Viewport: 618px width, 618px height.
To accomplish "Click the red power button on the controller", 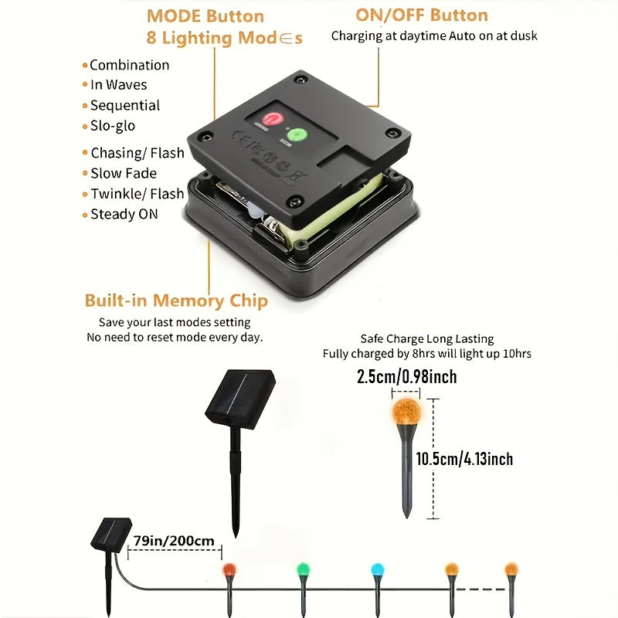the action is coord(272,119).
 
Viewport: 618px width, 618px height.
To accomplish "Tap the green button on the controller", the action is coord(297,135).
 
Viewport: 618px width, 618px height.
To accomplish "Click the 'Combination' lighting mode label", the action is coord(129,65).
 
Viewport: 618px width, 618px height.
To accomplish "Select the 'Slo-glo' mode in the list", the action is coord(113,126).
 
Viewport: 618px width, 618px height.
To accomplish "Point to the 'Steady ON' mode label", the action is coord(124,214).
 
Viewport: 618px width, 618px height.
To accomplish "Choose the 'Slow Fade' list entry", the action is coord(124,173).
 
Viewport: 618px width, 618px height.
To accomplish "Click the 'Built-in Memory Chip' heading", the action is coord(176,301).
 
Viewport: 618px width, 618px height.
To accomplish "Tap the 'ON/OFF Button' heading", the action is coord(422,15).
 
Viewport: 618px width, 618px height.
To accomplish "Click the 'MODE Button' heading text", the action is coord(205,16).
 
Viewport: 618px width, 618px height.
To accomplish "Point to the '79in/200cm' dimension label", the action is coord(174,540).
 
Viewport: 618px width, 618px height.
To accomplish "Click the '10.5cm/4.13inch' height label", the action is coord(464,459).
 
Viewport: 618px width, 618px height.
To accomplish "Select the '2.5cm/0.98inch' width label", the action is coord(407,376).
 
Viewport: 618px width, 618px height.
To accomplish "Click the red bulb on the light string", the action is coord(229,569).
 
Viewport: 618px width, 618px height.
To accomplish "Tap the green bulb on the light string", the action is coord(303,569).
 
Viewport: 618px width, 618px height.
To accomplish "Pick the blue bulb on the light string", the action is coord(378,569).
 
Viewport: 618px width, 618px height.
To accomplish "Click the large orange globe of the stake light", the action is coord(406,413).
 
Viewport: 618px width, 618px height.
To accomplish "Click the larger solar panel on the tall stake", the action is coord(240,399).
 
